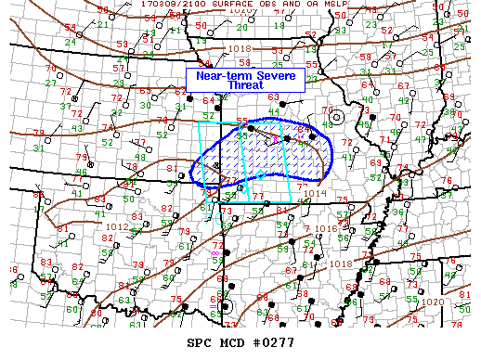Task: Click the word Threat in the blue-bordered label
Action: click(246, 85)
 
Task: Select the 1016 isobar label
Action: click(322, 227)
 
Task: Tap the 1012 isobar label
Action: click(117, 226)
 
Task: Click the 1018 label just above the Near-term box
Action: click(214, 48)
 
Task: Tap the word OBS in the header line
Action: click(260, 4)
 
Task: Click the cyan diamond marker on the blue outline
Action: click(261, 174)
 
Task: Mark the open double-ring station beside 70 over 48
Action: click(337, 117)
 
